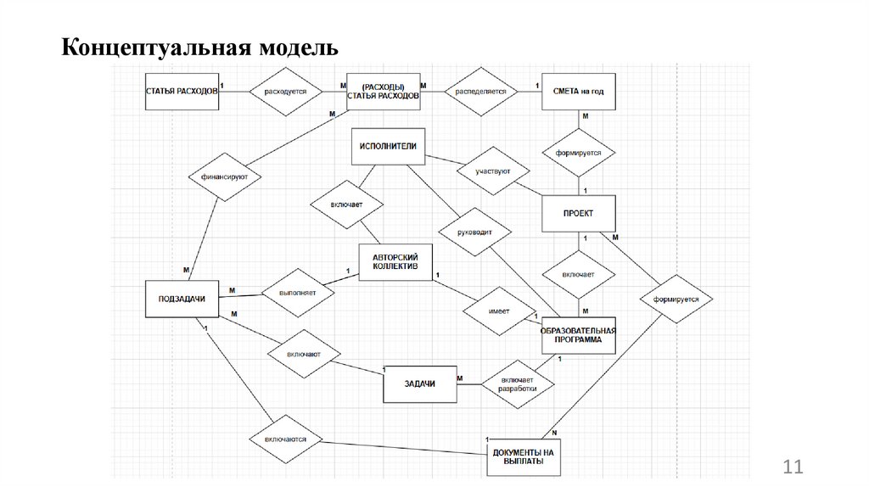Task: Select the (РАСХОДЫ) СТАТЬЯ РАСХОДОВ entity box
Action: (x=383, y=92)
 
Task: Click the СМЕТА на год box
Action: (x=578, y=91)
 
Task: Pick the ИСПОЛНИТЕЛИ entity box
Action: (x=388, y=146)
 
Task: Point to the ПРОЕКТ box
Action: (x=578, y=213)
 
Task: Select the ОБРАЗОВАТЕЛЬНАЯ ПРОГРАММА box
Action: (x=578, y=333)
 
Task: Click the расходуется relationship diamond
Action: (x=285, y=91)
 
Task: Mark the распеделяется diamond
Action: (x=481, y=91)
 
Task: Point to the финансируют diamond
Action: (x=224, y=176)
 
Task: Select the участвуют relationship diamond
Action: (x=487, y=172)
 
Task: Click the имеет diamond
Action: (x=499, y=311)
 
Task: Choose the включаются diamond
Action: (x=285, y=439)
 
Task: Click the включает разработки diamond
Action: (x=519, y=383)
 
